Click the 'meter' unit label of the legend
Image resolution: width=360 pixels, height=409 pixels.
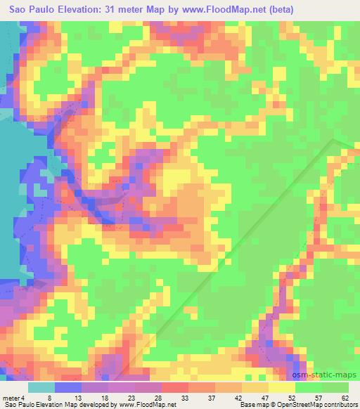10,398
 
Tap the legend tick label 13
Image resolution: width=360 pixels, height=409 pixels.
74,398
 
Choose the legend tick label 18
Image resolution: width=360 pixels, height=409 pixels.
103,398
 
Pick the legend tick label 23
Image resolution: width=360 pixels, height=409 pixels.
131,398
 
